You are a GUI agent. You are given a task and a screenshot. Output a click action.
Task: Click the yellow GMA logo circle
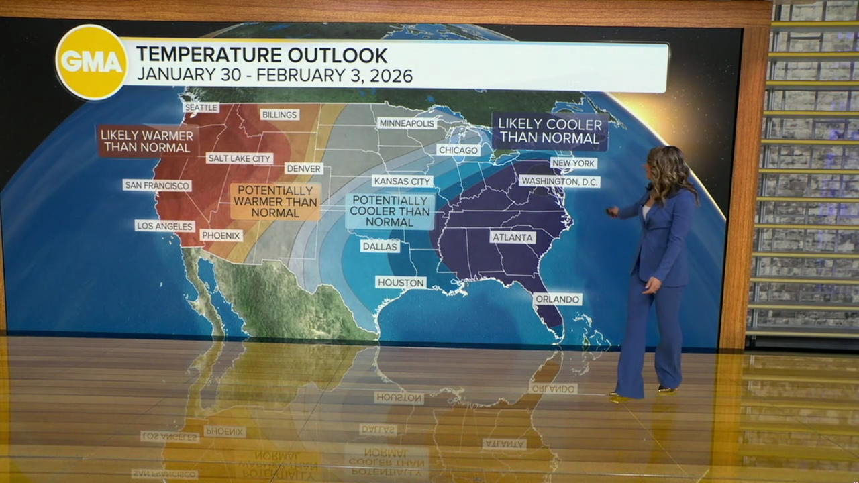tap(91, 62)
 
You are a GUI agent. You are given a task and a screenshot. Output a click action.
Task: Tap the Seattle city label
tap(201, 107)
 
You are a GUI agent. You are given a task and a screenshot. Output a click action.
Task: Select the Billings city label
tap(279, 115)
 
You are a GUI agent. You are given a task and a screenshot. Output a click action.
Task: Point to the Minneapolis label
tap(407, 123)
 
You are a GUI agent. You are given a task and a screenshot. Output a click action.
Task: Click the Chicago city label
tap(458, 150)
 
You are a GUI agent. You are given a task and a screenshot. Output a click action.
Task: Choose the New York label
tap(574, 163)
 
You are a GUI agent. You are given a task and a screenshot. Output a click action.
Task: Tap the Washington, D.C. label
tap(560, 181)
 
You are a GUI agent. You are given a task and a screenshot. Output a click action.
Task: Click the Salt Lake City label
tap(240, 158)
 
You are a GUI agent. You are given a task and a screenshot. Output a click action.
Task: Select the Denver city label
tap(304, 168)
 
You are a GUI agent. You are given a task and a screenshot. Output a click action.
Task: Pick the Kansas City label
tap(402, 181)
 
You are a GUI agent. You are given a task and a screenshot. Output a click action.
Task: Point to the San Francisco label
tap(157, 185)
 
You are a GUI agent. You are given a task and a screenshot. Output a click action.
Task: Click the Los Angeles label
tap(165, 226)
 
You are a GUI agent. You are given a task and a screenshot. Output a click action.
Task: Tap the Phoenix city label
tap(221, 235)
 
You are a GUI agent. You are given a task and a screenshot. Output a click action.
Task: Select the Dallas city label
tap(380, 246)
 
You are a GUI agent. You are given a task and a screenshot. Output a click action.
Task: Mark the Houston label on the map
tap(401, 282)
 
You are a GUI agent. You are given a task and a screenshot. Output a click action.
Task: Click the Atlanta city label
tap(513, 237)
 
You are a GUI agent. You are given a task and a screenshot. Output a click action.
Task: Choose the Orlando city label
tap(558, 299)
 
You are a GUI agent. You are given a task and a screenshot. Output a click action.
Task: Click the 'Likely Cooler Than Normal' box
tap(550, 131)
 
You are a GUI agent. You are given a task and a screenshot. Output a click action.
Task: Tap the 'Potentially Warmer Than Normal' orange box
tap(275, 201)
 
